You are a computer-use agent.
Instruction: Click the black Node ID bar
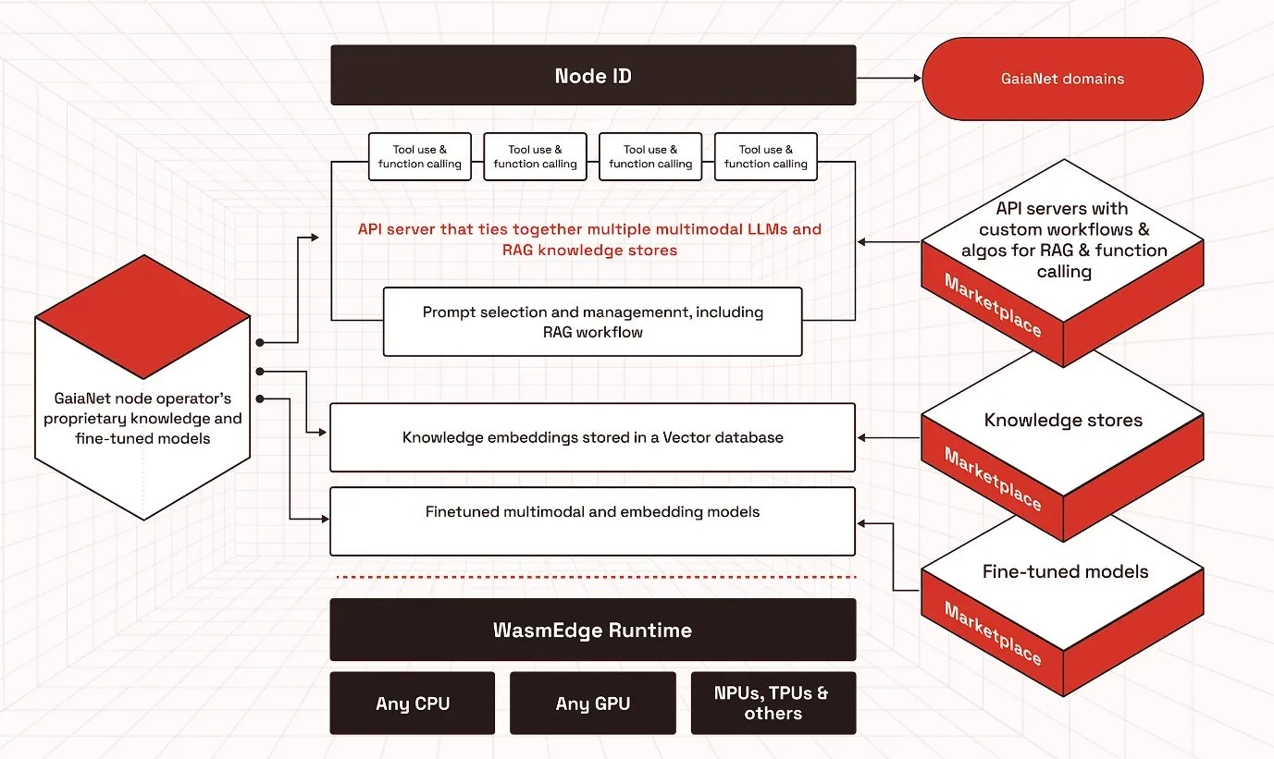pyautogui.click(x=593, y=76)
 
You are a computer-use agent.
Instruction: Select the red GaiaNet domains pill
pyautogui.click(x=1062, y=79)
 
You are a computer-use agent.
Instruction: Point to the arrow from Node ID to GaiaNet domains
pyautogui.click(x=888, y=78)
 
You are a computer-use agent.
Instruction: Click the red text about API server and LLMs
pyautogui.click(x=589, y=239)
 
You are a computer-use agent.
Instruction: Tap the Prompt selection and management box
pyautogui.click(x=592, y=322)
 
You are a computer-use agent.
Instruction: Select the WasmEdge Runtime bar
pyautogui.click(x=592, y=630)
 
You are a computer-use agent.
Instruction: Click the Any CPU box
pyautogui.click(x=413, y=704)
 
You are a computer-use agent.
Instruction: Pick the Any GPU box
pyautogui.click(x=592, y=704)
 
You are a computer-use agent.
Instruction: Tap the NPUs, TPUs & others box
pyautogui.click(x=773, y=704)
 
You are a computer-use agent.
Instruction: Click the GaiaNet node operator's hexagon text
pyautogui.click(x=142, y=419)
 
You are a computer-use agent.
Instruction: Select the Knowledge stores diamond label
pyautogui.click(x=1063, y=421)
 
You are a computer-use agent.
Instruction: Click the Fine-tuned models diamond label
pyautogui.click(x=1065, y=572)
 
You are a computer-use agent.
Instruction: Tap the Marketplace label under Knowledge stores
pyautogui.click(x=993, y=479)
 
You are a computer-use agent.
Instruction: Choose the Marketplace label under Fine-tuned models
pyautogui.click(x=993, y=632)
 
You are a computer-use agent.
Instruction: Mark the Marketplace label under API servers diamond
pyautogui.click(x=993, y=305)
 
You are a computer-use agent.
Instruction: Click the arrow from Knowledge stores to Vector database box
pyautogui.click(x=888, y=437)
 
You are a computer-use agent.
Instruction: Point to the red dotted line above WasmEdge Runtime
pyautogui.click(x=592, y=577)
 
